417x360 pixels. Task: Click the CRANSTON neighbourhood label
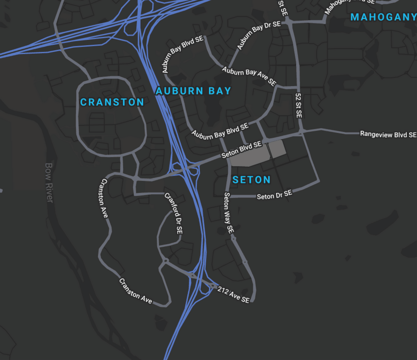coord(112,102)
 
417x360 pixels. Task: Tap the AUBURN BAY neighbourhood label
coord(193,91)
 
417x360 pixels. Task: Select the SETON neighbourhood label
coord(251,180)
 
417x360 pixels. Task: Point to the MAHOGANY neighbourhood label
coord(383,17)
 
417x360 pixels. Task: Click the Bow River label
coord(49,182)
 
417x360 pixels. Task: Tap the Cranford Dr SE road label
coord(174,213)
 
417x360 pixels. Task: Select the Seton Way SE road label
coord(229,213)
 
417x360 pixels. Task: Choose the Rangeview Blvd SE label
coord(388,134)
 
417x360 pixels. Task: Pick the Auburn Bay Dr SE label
coord(259,36)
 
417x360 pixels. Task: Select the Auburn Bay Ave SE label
coord(249,76)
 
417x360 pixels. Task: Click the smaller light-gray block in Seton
coord(278,149)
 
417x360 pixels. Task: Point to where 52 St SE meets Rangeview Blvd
coord(302,132)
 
